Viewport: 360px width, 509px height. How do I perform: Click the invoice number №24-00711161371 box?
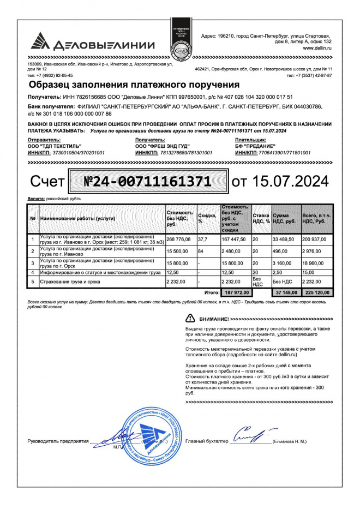pyautogui.click(x=147, y=181)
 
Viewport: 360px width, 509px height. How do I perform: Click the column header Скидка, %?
pyautogui.click(x=206, y=218)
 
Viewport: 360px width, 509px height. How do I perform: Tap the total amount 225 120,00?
pyautogui.click(x=315, y=293)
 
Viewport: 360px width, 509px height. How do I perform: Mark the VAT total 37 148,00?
pyautogui.click(x=284, y=293)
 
